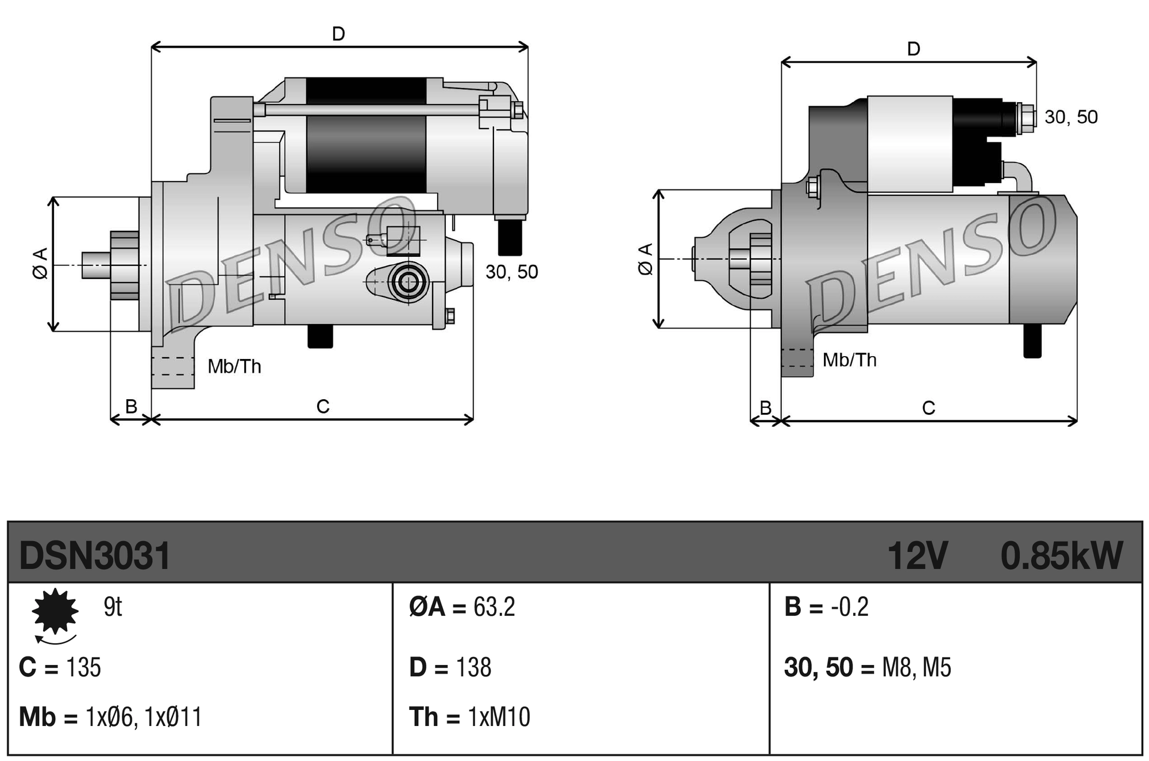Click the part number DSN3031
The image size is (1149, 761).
coord(95,556)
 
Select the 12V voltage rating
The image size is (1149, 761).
coord(917,556)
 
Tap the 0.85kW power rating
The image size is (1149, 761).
coord(1061,556)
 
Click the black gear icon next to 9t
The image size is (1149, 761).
coord(55,611)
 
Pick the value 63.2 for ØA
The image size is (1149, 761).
coord(494,607)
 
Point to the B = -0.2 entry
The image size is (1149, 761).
coord(826,607)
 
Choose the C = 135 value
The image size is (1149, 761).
coord(60,667)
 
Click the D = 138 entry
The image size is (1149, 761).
coord(450,667)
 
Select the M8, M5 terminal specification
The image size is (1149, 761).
coord(916,667)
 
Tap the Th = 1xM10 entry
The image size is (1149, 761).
coord(469,717)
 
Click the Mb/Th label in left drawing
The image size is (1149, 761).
coord(234,366)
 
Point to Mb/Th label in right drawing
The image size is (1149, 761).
coord(849,360)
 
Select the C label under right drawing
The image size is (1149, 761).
coord(928,408)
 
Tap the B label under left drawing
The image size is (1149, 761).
coord(131,407)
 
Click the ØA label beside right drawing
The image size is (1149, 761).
coord(646,259)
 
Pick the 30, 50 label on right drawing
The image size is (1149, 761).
coord(1071,117)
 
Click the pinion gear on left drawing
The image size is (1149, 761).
coord(125,265)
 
